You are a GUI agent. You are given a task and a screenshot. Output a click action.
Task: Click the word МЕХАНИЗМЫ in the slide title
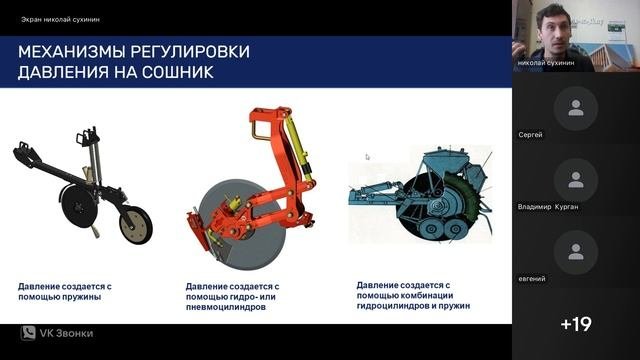pos(72,52)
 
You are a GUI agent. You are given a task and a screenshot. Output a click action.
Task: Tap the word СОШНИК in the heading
pos(178,72)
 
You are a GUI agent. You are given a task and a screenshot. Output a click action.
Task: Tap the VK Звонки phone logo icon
pos(28,333)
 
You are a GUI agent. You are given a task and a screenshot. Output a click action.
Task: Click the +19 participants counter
pos(576,324)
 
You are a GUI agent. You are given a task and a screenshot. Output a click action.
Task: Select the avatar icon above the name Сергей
pos(576,108)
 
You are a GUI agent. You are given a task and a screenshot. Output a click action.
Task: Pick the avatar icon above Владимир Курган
pos(576,180)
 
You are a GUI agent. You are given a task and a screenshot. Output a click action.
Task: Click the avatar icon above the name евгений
pos(576,252)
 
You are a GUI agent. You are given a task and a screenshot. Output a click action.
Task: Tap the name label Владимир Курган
pos(548,207)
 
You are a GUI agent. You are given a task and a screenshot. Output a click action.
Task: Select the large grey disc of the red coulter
pos(242,225)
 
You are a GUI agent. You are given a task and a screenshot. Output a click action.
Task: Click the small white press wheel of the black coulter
pos(136,225)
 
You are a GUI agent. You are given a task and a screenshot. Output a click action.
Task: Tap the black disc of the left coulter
pos(79,207)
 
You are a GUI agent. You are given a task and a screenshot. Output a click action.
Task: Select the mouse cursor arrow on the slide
pos(367,157)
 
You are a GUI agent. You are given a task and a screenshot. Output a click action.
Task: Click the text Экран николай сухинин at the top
pos(60,19)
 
